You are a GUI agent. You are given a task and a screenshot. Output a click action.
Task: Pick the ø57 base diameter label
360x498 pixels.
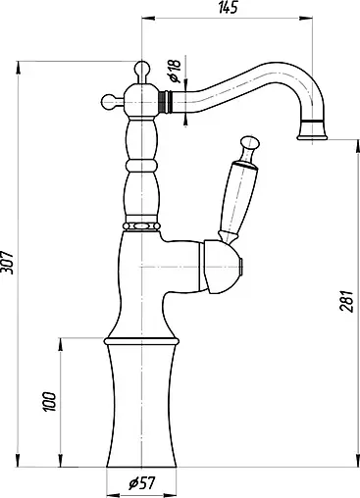144,484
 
